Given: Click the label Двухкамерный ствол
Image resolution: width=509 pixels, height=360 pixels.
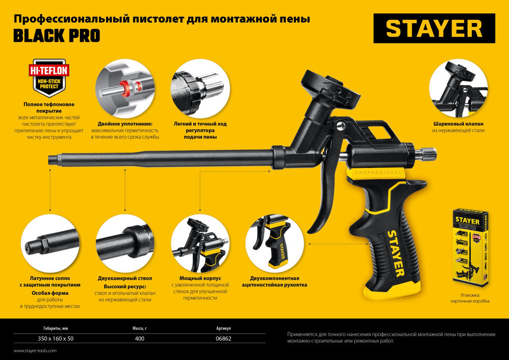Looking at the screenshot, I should pyautogui.click(x=125, y=279).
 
